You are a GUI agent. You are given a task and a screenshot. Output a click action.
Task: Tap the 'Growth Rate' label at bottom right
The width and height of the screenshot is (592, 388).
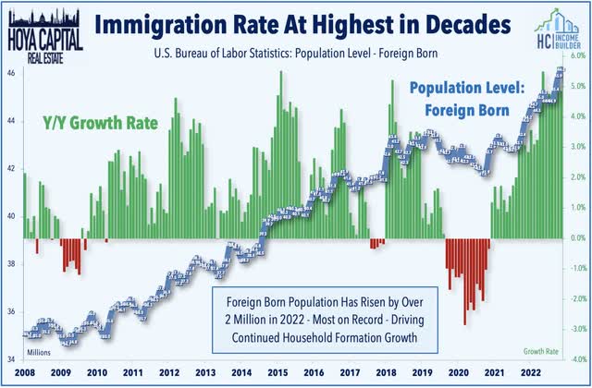(543, 352)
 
